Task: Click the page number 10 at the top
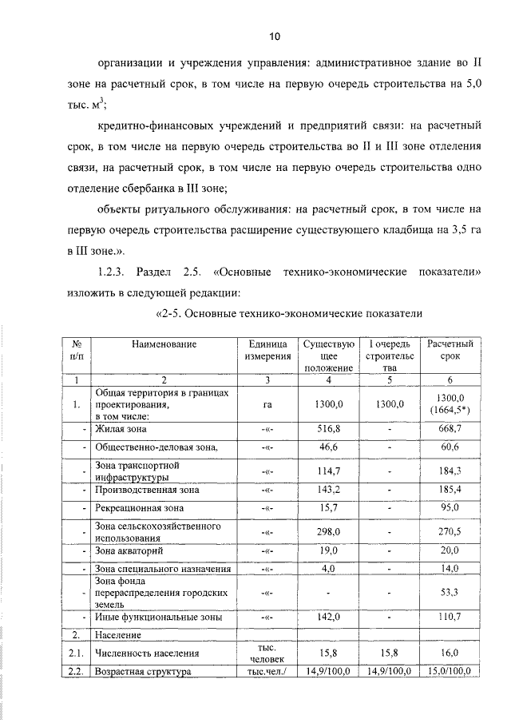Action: coord(274,37)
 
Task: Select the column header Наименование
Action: coord(164,344)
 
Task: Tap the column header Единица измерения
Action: coord(267,350)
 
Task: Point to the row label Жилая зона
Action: coord(120,429)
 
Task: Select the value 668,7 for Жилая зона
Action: coord(451,429)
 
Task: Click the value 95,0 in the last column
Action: coord(451,509)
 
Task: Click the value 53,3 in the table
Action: coord(451,593)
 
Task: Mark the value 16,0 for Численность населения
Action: coord(451,653)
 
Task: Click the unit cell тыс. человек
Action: coord(267,653)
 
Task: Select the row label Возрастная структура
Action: coord(143,672)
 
